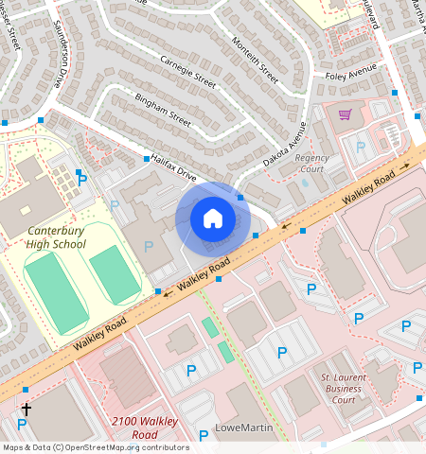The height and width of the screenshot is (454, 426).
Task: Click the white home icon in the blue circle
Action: (213, 218)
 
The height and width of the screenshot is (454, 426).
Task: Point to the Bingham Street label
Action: (162, 110)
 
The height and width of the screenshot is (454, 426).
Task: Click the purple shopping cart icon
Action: (346, 114)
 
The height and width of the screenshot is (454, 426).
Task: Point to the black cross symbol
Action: (26, 410)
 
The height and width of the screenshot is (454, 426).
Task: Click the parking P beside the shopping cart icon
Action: (360, 146)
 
